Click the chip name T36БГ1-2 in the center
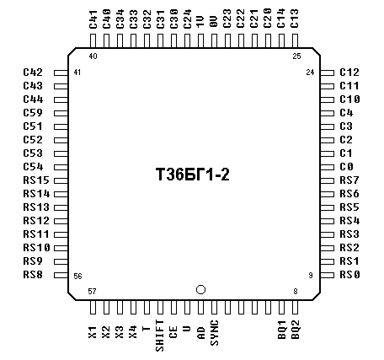pos(193,175)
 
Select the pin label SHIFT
pos(160,336)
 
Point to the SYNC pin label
pos(215,333)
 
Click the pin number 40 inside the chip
pos(93,56)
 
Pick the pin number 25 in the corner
pos(296,56)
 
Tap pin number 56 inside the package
pos(77,277)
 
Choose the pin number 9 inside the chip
pos(311,275)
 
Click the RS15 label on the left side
pos(36,180)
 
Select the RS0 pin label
pos(349,275)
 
